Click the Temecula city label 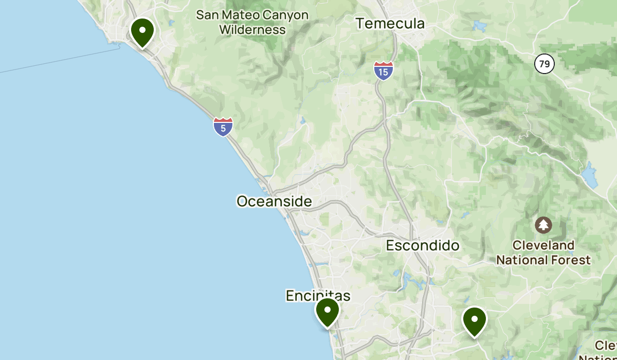tap(391, 24)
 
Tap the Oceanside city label tap(274, 201)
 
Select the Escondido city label tap(423, 245)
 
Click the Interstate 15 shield tap(384, 70)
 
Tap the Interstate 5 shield tap(223, 127)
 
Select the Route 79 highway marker tap(544, 64)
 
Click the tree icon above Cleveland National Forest tap(543, 225)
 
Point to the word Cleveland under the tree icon tap(543, 245)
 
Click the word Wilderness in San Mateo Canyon tap(252, 30)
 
